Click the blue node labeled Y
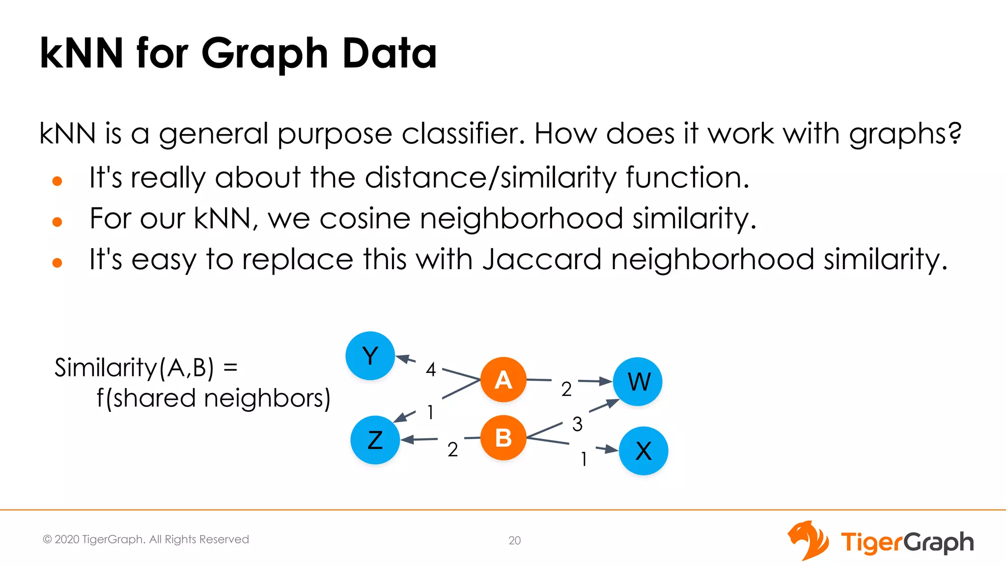pos(370,356)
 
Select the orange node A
pos(503,380)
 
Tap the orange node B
pos(503,438)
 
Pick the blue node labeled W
pos(638,382)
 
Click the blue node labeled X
pos(643,451)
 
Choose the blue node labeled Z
pos(375,440)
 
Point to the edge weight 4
pos(431,369)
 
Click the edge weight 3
pos(577,424)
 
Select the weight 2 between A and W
pos(566,389)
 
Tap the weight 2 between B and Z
pos(452,450)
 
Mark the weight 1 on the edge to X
pos(584,459)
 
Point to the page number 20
pos(514,540)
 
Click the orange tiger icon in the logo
pos(808,540)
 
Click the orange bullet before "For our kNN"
pos(57,222)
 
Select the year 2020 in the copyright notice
pos(67,539)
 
